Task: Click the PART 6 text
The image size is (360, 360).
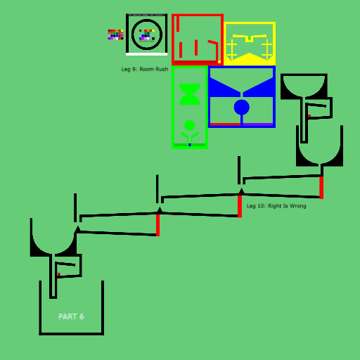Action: pyautogui.click(x=71, y=316)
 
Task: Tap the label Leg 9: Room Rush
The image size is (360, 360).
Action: pyautogui.click(x=145, y=69)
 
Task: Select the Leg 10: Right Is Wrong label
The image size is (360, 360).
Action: pyautogui.click(x=276, y=206)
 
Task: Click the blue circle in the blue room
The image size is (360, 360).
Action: pyautogui.click(x=242, y=108)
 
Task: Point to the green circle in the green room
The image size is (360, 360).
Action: pyautogui.click(x=190, y=125)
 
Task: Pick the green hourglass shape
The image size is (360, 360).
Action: pyautogui.click(x=190, y=94)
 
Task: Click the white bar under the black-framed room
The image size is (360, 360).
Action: pyautogui.click(x=147, y=54)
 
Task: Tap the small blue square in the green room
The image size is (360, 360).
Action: pyautogui.click(x=190, y=145)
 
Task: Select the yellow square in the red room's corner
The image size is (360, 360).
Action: pyautogui.click(x=219, y=62)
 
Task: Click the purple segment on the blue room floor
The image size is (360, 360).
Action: pyautogui.click(x=258, y=124)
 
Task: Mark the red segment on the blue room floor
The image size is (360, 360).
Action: pyautogui.click(x=225, y=124)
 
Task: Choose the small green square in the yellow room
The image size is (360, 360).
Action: pyautogui.click(x=250, y=38)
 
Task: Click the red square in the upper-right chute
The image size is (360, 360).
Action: pyautogui.click(x=309, y=116)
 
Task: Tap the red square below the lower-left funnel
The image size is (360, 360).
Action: pyautogui.click(x=59, y=274)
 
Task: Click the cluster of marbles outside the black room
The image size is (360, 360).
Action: pyautogui.click(x=115, y=34)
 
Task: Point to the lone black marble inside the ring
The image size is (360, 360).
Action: pyautogui.click(x=153, y=39)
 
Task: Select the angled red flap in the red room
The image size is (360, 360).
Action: pyautogui.click(x=213, y=42)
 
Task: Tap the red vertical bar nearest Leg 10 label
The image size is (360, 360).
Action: pyautogui.click(x=240, y=206)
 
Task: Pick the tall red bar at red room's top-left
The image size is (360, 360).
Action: pyautogui.click(x=178, y=24)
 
